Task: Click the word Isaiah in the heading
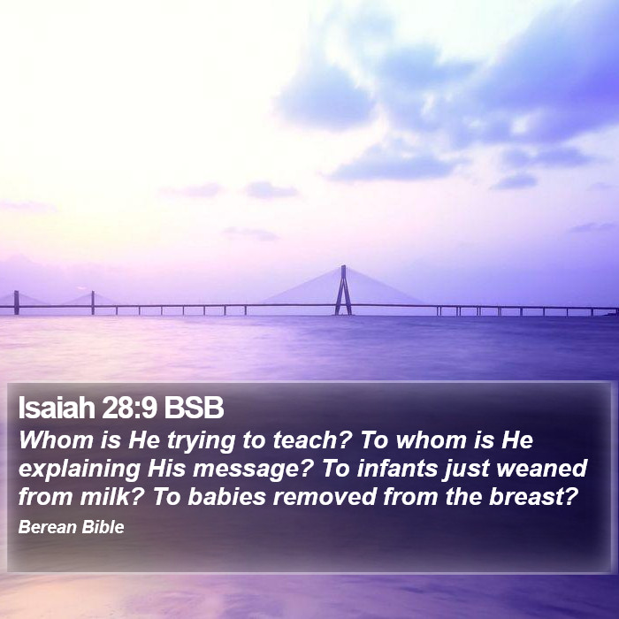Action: [57, 408]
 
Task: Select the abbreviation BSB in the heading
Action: [194, 408]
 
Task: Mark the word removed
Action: [325, 497]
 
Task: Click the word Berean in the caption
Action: [48, 527]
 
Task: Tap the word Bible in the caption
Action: [103, 527]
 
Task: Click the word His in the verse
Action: [166, 469]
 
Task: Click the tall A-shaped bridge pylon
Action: [343, 290]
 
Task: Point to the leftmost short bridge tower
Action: [16, 302]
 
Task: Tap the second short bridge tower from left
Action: [93, 302]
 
